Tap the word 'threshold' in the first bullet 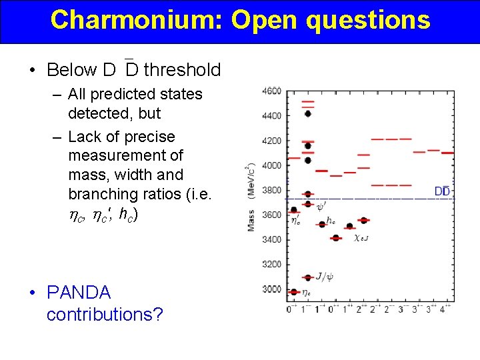pos(182,69)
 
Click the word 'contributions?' pos(105,314)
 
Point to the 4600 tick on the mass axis pos(272,91)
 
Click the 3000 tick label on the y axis pos(272,289)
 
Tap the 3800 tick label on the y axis pos(272,190)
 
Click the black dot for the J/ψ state pos(307,277)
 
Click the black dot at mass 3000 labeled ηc pos(294,291)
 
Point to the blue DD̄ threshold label pos(441,191)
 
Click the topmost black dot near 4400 pos(307,113)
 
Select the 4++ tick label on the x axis pos(445,309)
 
